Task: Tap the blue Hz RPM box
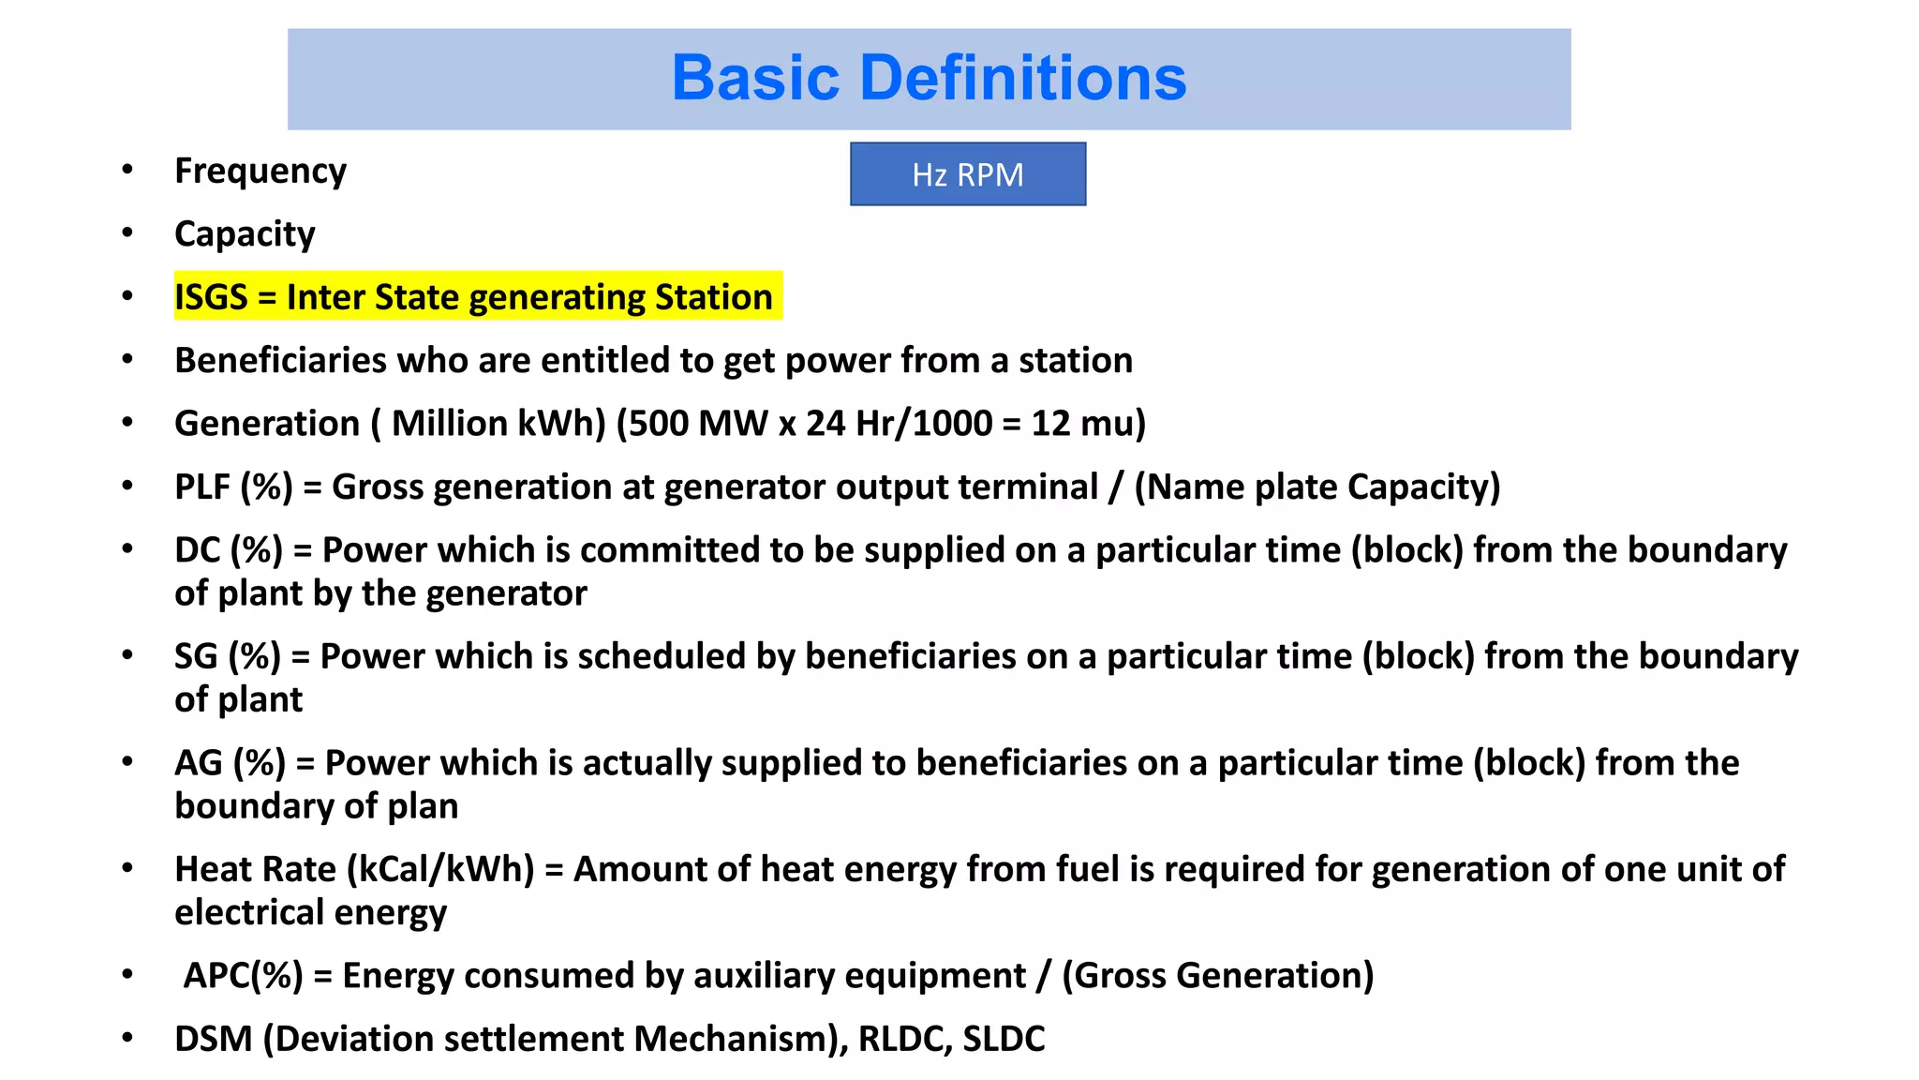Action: click(967, 174)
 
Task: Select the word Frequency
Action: click(260, 172)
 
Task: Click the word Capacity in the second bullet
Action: click(245, 234)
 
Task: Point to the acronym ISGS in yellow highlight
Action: click(211, 297)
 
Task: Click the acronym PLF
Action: click(202, 487)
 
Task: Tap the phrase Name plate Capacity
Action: click(1317, 487)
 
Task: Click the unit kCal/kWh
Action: click(440, 870)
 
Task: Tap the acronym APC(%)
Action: click(243, 976)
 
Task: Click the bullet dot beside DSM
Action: click(127, 1039)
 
